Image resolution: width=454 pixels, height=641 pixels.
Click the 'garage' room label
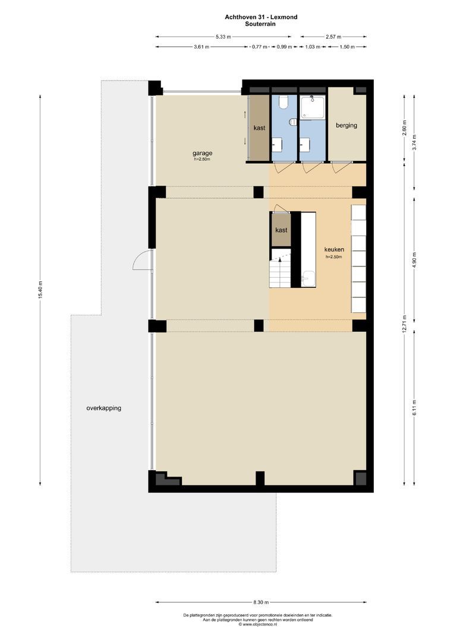click(202, 153)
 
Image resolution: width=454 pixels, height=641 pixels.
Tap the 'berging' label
click(346, 125)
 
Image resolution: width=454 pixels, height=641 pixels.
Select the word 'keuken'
click(334, 250)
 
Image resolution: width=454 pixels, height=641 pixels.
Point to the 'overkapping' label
click(108, 408)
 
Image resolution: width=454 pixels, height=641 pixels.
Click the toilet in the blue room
click(284, 103)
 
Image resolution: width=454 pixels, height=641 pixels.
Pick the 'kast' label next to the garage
click(259, 128)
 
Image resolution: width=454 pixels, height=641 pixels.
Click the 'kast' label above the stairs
click(281, 230)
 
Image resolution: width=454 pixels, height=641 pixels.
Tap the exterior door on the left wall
click(142, 259)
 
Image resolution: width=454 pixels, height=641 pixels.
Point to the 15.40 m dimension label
click(40, 290)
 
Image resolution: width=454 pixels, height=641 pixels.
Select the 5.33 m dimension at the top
click(223, 37)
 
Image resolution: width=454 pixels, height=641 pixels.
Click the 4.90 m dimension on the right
click(415, 261)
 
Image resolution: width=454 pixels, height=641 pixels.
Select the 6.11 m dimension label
click(415, 409)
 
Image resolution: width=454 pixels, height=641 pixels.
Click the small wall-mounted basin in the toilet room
click(292, 122)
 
